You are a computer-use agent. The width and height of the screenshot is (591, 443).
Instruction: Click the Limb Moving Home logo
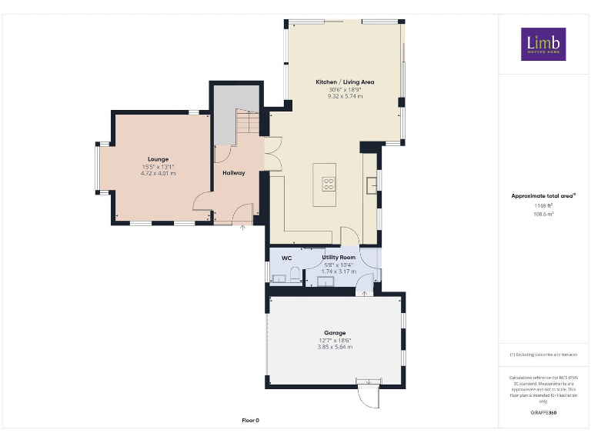tap(543, 44)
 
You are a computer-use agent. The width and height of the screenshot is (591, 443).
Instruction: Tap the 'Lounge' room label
tap(159, 159)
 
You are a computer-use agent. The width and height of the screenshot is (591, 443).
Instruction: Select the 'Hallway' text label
tap(233, 173)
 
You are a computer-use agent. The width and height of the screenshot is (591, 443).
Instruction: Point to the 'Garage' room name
tap(334, 333)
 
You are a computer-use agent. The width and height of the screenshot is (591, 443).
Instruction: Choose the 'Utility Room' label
tap(339, 257)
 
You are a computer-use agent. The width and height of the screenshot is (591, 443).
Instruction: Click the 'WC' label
tap(285, 258)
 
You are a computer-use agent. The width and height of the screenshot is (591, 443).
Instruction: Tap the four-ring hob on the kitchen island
tap(328, 184)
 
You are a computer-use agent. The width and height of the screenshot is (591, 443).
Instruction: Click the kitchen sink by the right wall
tap(371, 183)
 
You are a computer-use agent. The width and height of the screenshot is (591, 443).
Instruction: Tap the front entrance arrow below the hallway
tap(243, 227)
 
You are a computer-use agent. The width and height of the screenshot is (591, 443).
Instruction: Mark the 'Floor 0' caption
tap(251, 420)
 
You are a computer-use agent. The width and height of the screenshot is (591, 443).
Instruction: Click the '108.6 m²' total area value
tap(543, 215)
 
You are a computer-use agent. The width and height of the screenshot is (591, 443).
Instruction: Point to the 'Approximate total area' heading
tap(543, 196)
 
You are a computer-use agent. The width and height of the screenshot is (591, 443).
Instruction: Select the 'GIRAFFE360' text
tap(543, 413)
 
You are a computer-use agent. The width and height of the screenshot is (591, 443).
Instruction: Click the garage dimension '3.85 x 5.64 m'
tap(334, 348)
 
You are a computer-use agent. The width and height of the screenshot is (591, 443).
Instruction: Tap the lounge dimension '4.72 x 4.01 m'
tap(159, 174)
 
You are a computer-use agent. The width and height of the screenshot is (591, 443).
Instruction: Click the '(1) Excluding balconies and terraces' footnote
tap(543, 355)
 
